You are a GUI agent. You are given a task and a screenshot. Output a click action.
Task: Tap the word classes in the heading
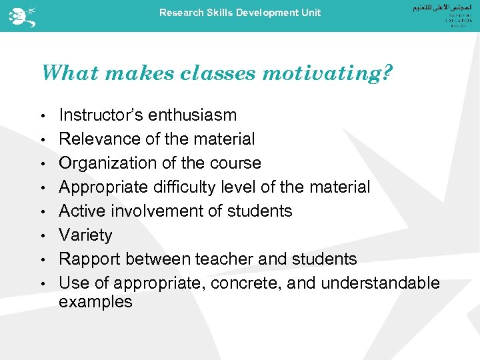click(217, 72)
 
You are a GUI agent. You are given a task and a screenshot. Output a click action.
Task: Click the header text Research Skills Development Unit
click(240, 13)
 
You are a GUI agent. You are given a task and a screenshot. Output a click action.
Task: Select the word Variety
click(85, 235)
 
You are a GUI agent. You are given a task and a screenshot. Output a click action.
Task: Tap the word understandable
click(381, 283)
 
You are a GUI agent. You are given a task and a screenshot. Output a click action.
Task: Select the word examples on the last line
click(95, 302)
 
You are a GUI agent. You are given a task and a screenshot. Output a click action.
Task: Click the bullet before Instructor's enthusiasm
click(42, 116)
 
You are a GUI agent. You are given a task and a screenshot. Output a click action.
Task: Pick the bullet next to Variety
click(42, 236)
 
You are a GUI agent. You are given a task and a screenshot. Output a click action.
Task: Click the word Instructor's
click(101, 115)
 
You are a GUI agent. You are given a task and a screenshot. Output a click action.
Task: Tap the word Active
click(78, 211)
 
